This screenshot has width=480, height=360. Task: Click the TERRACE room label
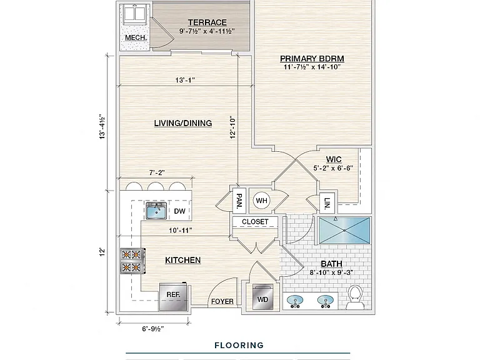207,22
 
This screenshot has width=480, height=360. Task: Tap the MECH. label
136,37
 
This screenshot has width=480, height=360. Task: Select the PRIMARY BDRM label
312,59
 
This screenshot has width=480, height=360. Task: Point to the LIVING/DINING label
182,123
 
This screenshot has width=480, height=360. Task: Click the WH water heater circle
261,201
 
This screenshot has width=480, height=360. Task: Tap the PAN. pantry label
239,200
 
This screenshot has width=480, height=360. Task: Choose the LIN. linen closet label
327,203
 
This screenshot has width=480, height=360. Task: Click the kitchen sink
156,211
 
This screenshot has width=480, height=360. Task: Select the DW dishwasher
180,211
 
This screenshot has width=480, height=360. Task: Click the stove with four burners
132,261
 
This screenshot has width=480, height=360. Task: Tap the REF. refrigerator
173,296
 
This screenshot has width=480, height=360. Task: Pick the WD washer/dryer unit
262,297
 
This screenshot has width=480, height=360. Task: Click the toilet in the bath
356,297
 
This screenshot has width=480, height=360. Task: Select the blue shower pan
344,231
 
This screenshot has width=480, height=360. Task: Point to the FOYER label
222,301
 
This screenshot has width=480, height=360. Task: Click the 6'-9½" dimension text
152,329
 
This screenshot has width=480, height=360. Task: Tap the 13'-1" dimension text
185,80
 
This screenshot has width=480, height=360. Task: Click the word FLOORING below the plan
239,345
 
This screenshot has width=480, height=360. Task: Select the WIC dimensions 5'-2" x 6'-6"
333,168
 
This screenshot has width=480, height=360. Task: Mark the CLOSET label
255,222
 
